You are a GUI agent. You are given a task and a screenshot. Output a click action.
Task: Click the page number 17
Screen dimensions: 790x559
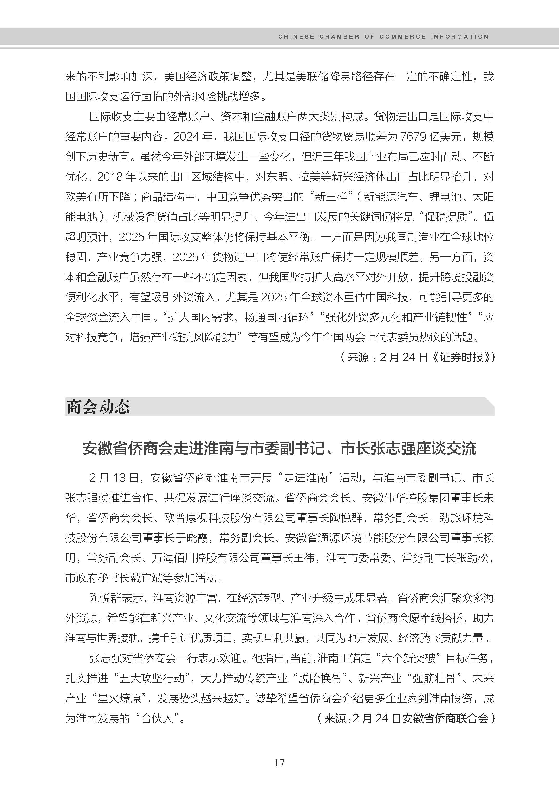click(279, 762)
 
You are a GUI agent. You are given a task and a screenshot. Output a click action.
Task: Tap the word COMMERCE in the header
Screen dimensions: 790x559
click(402, 36)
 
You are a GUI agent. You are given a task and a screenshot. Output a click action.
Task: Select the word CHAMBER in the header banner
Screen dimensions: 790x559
click(339, 36)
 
